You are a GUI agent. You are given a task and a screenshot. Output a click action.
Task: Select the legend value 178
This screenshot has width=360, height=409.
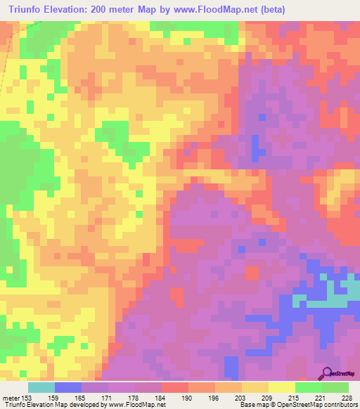[136, 398]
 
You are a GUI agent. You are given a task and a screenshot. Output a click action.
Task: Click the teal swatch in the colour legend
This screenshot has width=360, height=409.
[41, 387]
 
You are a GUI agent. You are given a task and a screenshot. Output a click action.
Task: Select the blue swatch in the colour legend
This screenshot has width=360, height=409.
[68, 387]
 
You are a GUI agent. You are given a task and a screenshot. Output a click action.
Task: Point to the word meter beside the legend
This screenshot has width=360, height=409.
[11, 398]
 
